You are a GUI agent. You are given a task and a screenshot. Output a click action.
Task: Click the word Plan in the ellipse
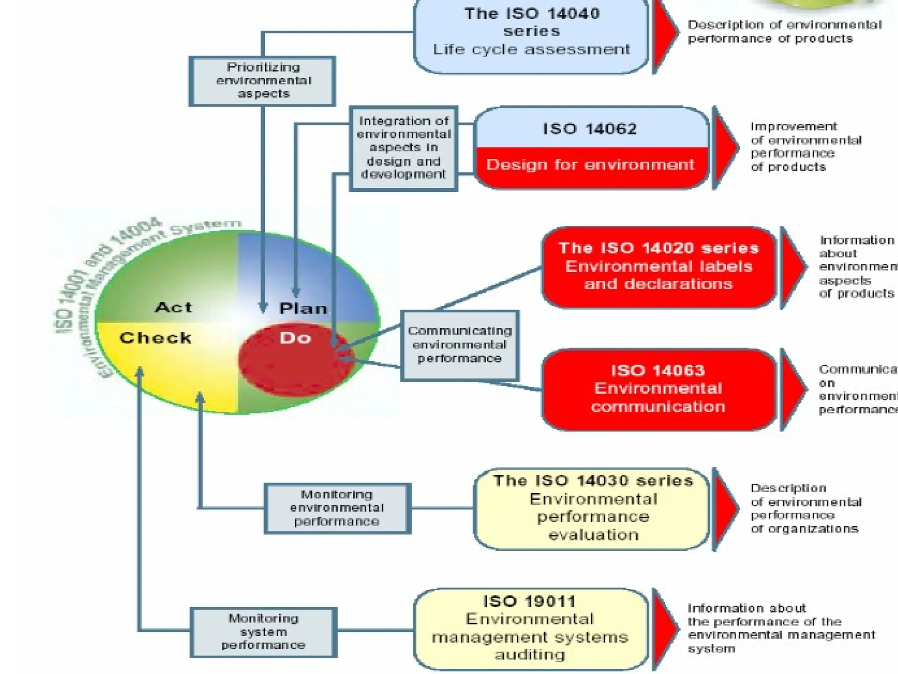[303, 308]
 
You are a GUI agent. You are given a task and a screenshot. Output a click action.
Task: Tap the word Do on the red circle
[295, 338]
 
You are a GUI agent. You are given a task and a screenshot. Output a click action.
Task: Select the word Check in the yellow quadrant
[155, 338]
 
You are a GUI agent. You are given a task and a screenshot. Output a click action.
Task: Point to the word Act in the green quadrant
[174, 307]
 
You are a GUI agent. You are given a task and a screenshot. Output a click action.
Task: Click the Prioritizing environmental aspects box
[263, 81]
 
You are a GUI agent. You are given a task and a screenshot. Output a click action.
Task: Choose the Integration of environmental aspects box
[403, 148]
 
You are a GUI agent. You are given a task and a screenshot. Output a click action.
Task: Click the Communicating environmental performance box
[460, 345]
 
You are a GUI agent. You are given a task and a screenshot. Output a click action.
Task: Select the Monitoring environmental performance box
[337, 508]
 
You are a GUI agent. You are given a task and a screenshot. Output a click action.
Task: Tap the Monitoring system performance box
[263, 632]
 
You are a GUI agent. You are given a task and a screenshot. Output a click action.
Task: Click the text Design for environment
[590, 165]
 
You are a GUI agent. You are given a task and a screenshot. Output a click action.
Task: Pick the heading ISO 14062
[590, 129]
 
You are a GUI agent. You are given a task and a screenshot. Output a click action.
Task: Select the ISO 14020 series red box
[659, 267]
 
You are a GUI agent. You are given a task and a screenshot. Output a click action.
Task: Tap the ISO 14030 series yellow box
[592, 509]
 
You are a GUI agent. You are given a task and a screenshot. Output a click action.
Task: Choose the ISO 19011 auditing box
[530, 628]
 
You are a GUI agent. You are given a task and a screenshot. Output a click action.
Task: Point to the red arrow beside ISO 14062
[724, 148]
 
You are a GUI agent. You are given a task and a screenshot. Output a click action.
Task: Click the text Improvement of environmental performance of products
[805, 147]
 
